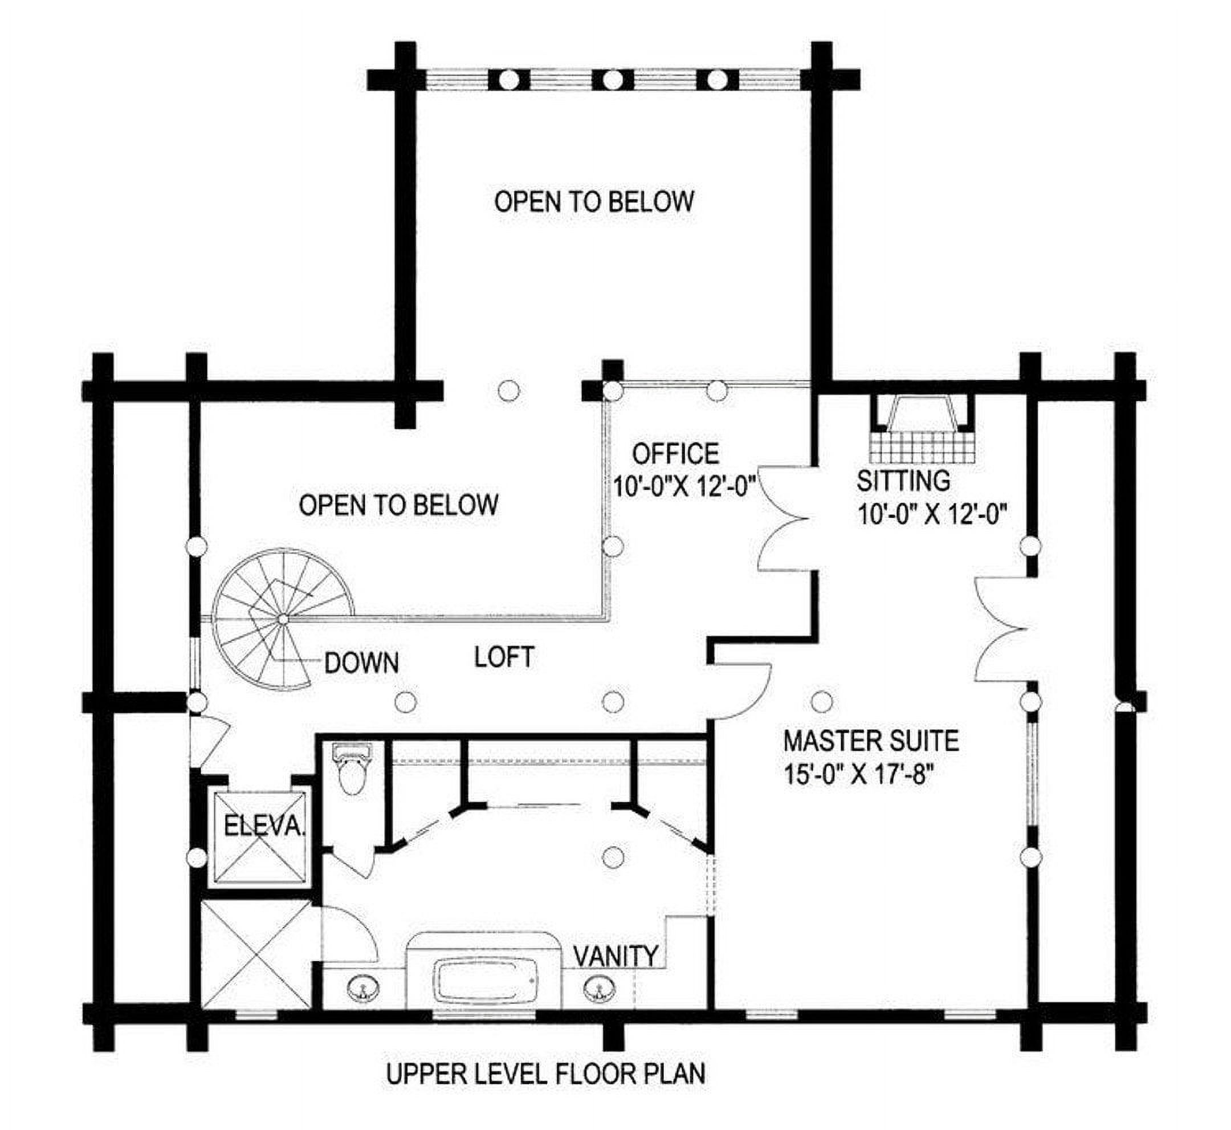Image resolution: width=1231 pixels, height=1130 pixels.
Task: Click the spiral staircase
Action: coord(283,619)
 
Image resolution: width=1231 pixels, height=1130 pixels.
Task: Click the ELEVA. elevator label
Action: coord(264,826)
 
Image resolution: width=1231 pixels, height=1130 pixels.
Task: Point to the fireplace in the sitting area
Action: coord(922,428)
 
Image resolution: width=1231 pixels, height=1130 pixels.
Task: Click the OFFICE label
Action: coord(675,454)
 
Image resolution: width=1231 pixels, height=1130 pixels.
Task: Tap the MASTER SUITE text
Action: coord(871,741)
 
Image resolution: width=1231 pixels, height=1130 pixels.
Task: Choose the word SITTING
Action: coord(903,481)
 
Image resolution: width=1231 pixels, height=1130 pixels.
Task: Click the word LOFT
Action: coord(504,657)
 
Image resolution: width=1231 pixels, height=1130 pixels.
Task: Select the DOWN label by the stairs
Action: coord(362,663)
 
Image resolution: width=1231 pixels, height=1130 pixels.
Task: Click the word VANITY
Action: coord(616,955)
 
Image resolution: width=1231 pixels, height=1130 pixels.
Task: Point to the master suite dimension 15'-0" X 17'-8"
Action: coord(859,775)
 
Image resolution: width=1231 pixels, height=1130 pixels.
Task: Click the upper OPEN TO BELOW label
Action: coord(594,201)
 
